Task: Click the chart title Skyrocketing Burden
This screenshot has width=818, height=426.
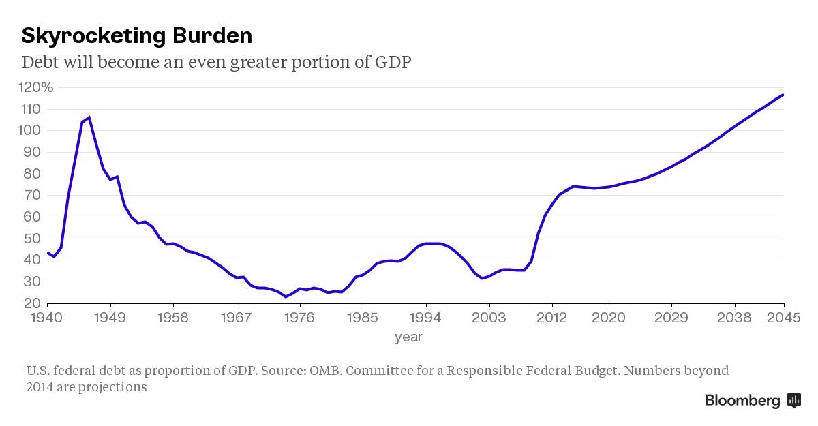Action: [136, 35]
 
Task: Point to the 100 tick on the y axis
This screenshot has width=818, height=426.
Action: [31, 130]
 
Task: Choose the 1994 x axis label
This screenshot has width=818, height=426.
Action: [426, 318]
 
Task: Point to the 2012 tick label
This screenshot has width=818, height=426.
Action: [552, 318]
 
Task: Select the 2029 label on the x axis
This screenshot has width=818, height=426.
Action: [671, 318]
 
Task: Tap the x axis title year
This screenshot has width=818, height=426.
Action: [408, 337]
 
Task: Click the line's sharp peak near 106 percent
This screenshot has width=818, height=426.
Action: [89, 117]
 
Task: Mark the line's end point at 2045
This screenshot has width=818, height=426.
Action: [783, 95]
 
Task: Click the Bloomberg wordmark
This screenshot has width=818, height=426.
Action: [742, 401]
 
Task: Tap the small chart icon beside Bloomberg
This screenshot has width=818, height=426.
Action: [793, 400]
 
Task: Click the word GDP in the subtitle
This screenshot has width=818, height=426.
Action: [393, 62]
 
